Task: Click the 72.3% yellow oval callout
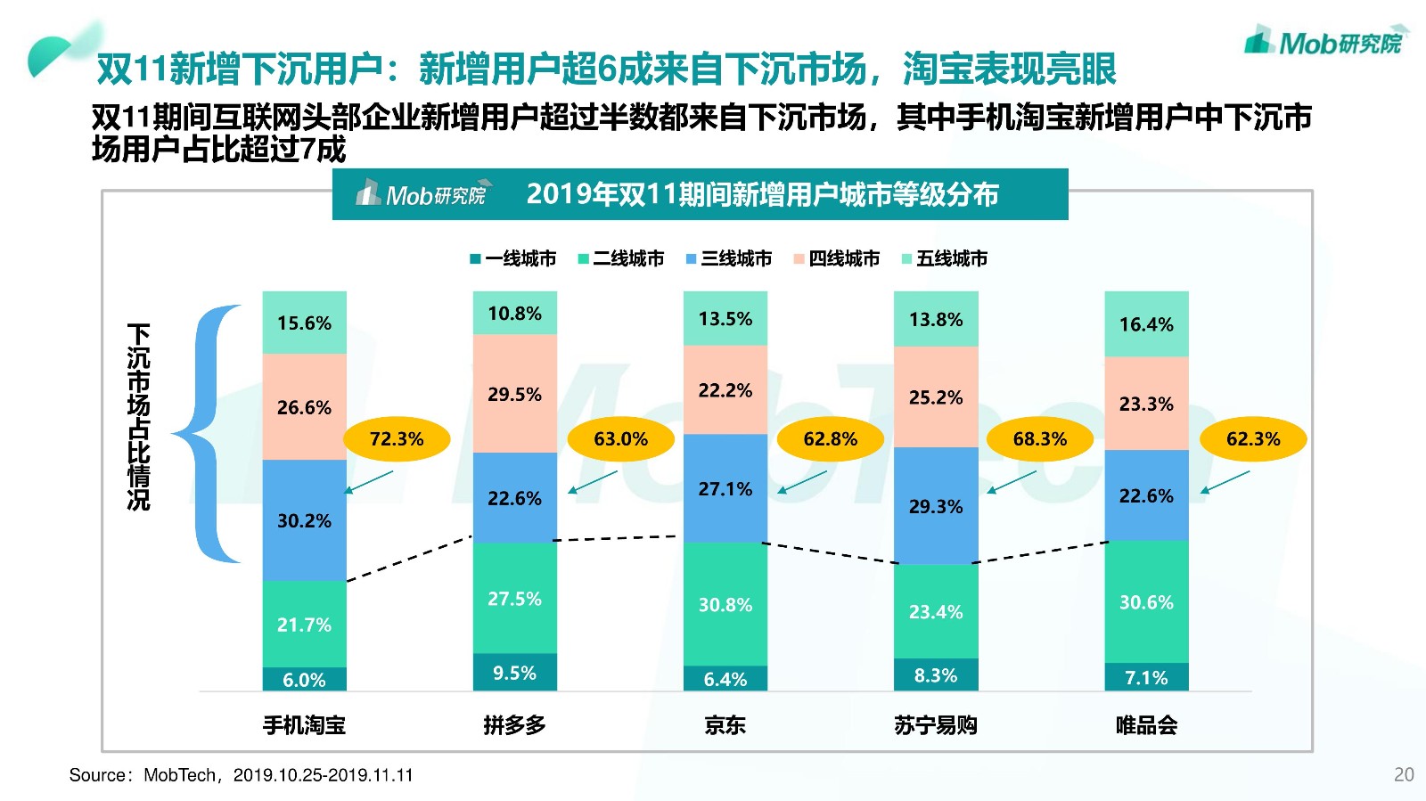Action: [397, 438]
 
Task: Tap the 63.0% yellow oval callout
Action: [620, 438]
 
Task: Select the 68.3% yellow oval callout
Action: [1039, 438]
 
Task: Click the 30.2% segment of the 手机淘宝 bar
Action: [304, 520]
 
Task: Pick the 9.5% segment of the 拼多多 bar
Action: [514, 673]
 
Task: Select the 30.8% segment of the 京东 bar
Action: [725, 605]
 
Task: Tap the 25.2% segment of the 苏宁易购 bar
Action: [936, 397]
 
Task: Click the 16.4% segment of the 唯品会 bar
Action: [1146, 324]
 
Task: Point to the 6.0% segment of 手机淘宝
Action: [304, 680]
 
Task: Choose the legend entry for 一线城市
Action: [513, 258]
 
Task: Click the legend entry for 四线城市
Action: [837, 258]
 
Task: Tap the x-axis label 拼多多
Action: [514, 725]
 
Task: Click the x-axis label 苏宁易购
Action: [936, 725]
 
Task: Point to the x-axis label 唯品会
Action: [1146, 725]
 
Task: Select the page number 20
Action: [1404, 774]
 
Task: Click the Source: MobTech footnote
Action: [242, 775]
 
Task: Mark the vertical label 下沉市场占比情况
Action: [139, 417]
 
